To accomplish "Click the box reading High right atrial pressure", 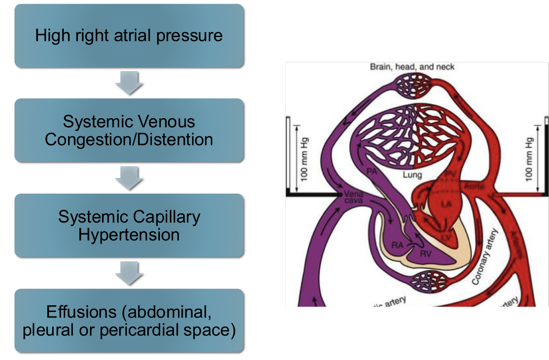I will [x=129, y=36].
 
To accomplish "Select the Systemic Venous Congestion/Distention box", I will [x=129, y=130].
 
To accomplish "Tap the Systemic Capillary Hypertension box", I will [x=129, y=226].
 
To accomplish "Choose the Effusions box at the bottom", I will [x=129, y=321].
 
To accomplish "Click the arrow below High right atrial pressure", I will [x=129, y=83].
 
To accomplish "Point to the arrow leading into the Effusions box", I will [x=129, y=273].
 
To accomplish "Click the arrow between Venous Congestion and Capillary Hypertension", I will [x=129, y=178].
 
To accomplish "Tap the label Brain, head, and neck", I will [x=412, y=67].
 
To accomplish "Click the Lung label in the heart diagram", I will [x=412, y=175].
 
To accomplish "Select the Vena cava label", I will [x=353, y=197].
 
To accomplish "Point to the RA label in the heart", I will [x=397, y=245].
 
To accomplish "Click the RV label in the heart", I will [x=426, y=254].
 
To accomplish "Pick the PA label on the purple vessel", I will [x=372, y=171].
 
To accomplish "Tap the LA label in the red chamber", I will [x=446, y=204].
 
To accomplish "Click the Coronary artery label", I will [x=484, y=257].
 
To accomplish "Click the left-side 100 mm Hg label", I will [x=304, y=159].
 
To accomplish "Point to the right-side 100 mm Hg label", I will [x=529, y=159].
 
